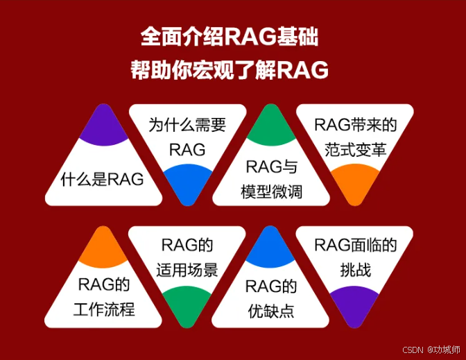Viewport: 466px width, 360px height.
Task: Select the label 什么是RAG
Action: (x=102, y=180)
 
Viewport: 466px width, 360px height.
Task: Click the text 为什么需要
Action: (x=187, y=125)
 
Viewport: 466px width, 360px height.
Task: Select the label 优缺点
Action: (x=271, y=311)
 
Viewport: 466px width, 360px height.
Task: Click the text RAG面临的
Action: (x=356, y=245)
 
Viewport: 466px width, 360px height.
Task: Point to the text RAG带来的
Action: (x=356, y=125)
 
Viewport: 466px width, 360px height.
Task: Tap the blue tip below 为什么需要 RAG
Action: (x=187, y=183)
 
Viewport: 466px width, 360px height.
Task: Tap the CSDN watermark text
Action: (x=413, y=350)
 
